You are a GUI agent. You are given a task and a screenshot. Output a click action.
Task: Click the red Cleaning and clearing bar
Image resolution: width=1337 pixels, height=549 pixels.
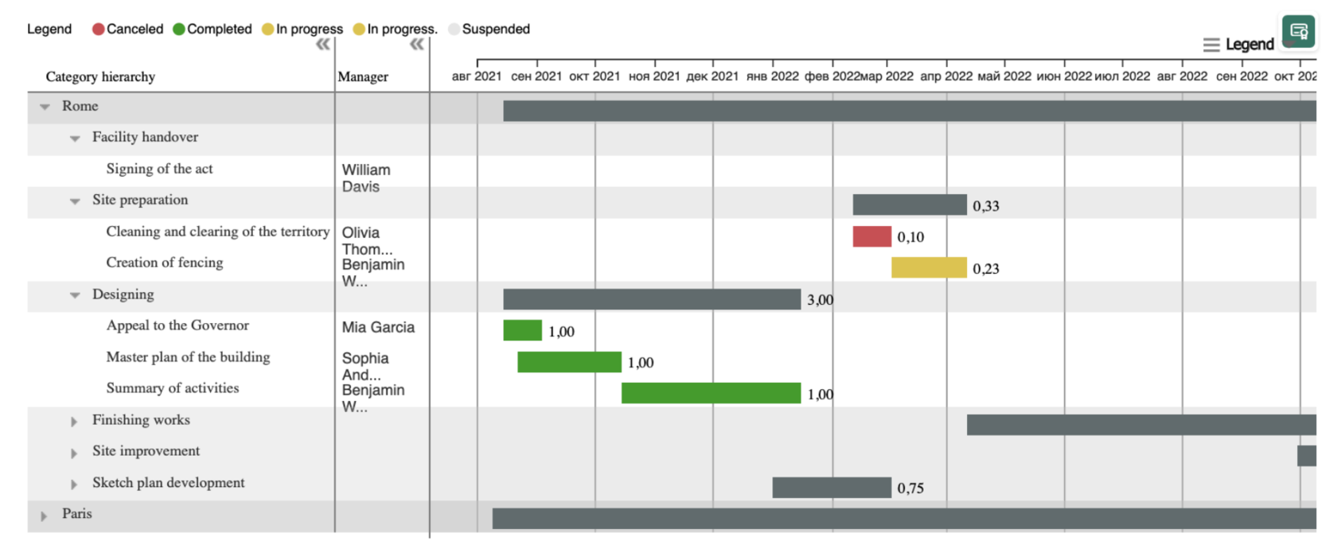click(871, 236)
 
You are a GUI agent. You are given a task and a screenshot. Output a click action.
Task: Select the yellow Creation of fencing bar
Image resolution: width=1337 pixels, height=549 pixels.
click(929, 268)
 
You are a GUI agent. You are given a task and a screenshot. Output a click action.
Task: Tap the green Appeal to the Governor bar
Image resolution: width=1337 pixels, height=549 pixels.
click(522, 330)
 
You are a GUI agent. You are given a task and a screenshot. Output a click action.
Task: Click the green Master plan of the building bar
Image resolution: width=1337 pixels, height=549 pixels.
click(569, 362)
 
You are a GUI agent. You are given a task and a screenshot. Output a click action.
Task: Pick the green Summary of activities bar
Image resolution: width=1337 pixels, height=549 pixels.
click(711, 393)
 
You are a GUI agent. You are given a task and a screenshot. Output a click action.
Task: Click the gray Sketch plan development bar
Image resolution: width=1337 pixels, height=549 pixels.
click(831, 488)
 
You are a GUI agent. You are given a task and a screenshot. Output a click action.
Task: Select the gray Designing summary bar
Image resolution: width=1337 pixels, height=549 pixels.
click(651, 299)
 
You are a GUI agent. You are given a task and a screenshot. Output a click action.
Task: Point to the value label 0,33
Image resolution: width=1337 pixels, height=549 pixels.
click(986, 206)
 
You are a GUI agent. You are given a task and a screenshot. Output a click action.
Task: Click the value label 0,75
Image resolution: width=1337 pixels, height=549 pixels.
click(910, 489)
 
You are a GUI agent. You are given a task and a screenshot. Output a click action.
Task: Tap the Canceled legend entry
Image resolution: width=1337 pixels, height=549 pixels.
click(128, 29)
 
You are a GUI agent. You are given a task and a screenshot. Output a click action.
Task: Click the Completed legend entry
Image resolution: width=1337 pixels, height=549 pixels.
click(212, 29)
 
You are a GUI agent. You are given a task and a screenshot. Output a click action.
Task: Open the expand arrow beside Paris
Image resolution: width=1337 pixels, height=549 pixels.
click(44, 516)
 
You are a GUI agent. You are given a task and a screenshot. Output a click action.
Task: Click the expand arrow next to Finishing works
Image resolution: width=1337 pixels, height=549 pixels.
click(74, 421)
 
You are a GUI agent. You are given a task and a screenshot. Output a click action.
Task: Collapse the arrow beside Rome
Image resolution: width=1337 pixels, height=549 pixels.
click(45, 107)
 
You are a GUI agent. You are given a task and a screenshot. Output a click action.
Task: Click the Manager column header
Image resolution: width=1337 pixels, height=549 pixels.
click(363, 77)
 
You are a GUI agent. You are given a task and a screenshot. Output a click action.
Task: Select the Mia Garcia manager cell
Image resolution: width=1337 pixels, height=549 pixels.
click(378, 327)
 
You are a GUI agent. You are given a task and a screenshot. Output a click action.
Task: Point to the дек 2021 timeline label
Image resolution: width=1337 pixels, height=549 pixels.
click(712, 76)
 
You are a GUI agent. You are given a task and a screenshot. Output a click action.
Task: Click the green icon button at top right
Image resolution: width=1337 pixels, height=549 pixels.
click(1298, 32)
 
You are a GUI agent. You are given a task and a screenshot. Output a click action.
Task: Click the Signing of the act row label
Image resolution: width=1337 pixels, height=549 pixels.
click(159, 169)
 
